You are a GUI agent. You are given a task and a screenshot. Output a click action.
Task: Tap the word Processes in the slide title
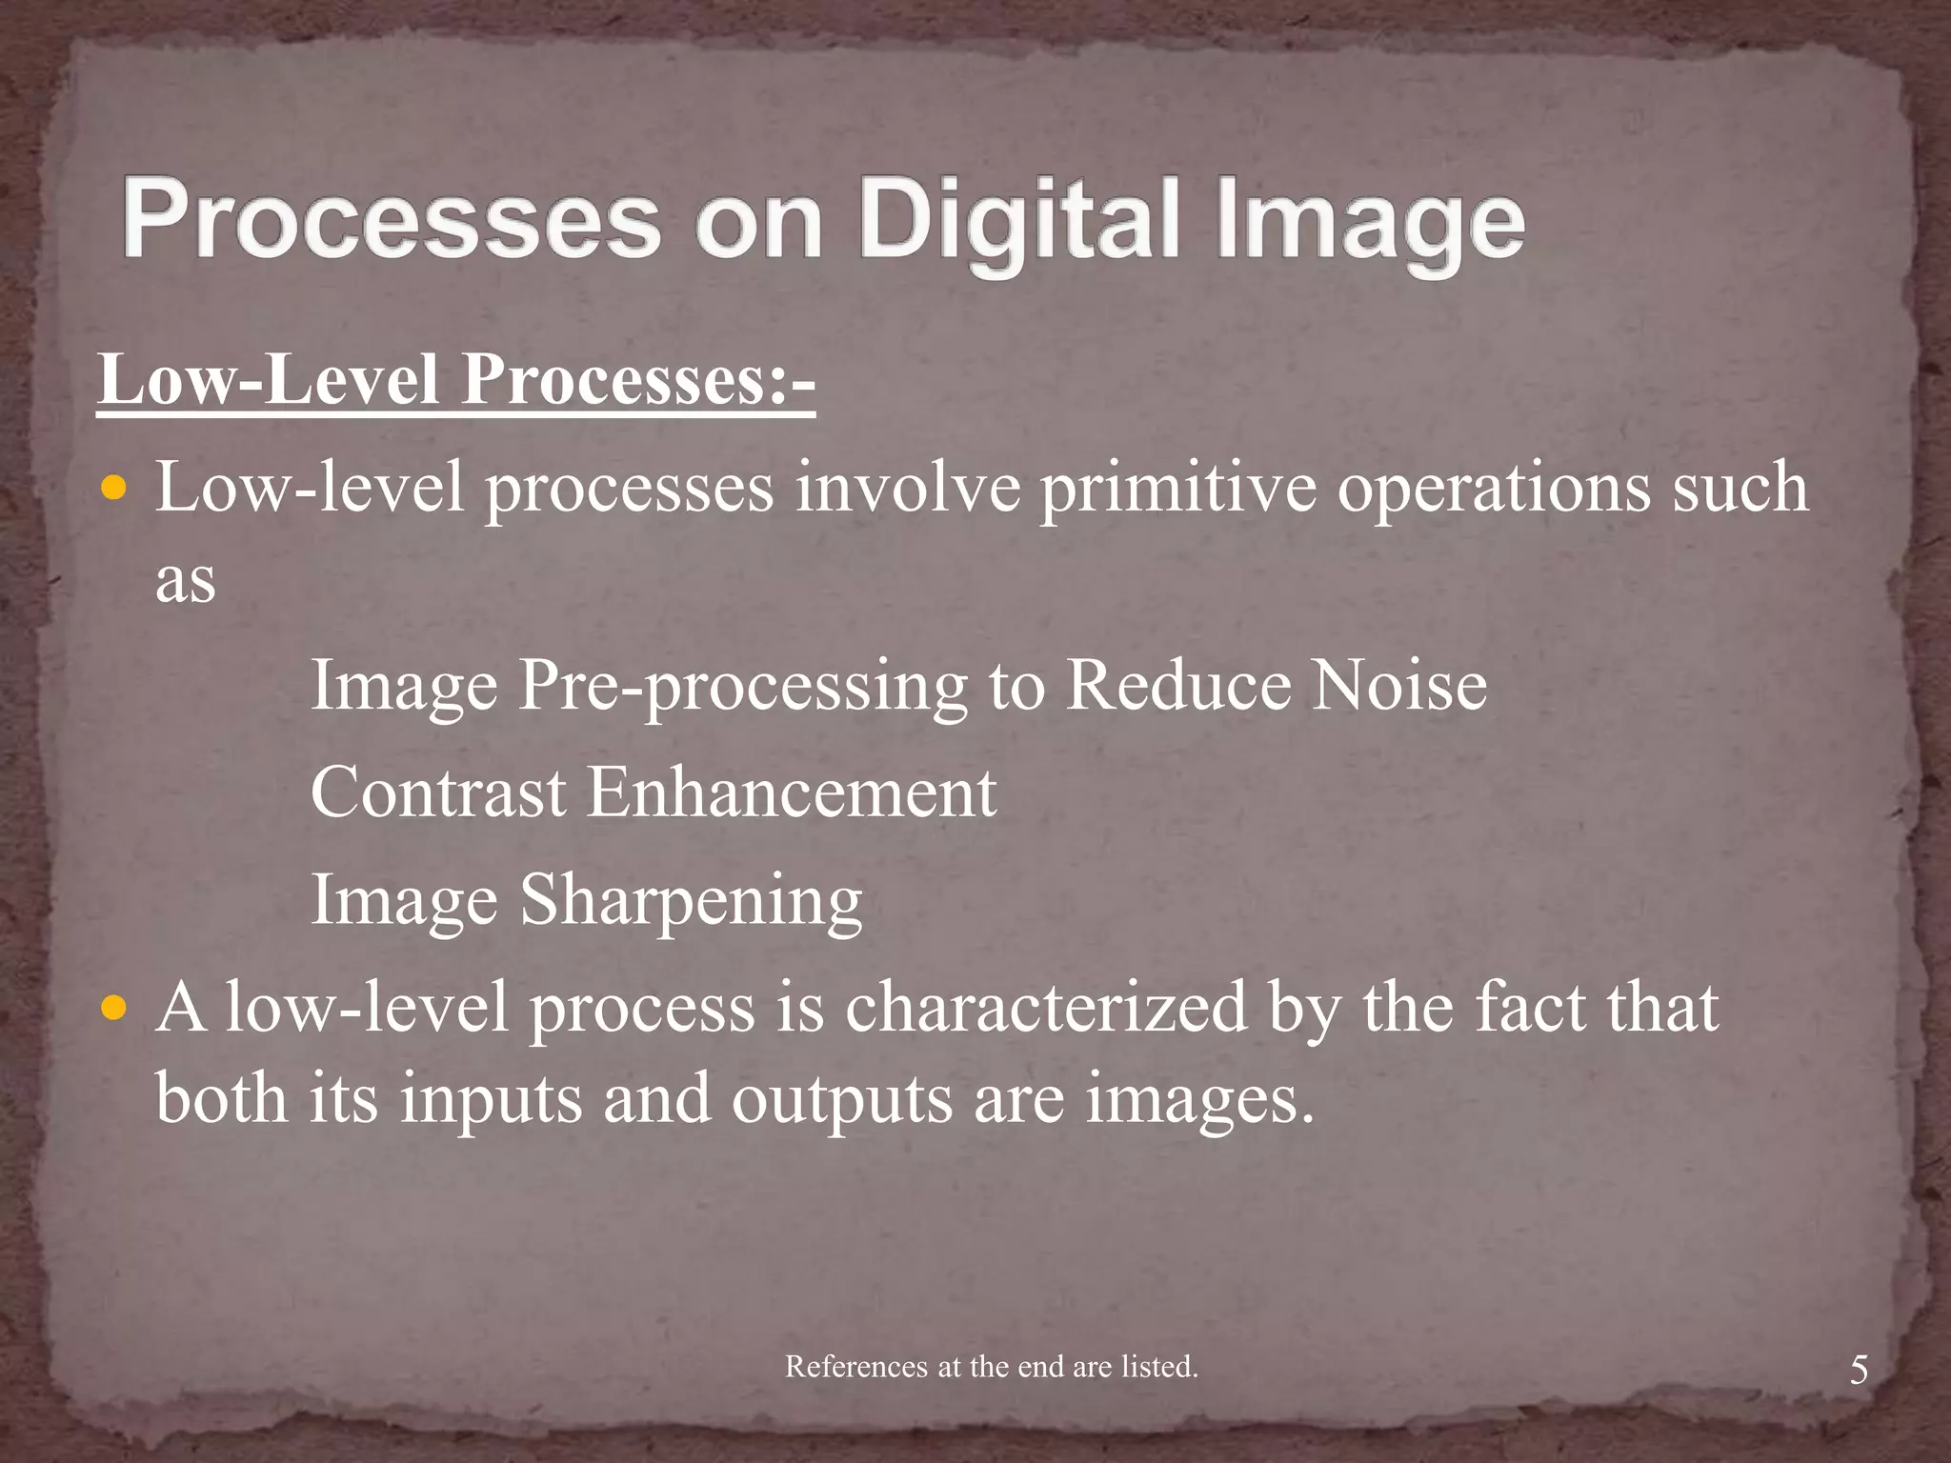[x=391, y=222]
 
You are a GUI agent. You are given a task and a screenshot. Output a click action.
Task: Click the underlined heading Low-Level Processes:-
[x=456, y=380]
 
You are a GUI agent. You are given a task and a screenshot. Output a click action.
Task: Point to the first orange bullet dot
[x=113, y=490]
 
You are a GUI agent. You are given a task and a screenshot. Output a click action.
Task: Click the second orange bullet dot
[x=113, y=1009]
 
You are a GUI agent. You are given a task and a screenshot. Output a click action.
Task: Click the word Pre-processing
[x=743, y=687]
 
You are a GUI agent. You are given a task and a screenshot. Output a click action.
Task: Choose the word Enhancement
[x=791, y=792]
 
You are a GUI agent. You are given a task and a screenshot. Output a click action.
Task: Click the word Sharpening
[x=691, y=901]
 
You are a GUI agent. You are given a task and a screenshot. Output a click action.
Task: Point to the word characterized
[x=1046, y=1008]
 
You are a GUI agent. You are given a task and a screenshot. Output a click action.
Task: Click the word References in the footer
[x=855, y=1367]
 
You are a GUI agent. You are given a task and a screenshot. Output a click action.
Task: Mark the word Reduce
[x=1176, y=685]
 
